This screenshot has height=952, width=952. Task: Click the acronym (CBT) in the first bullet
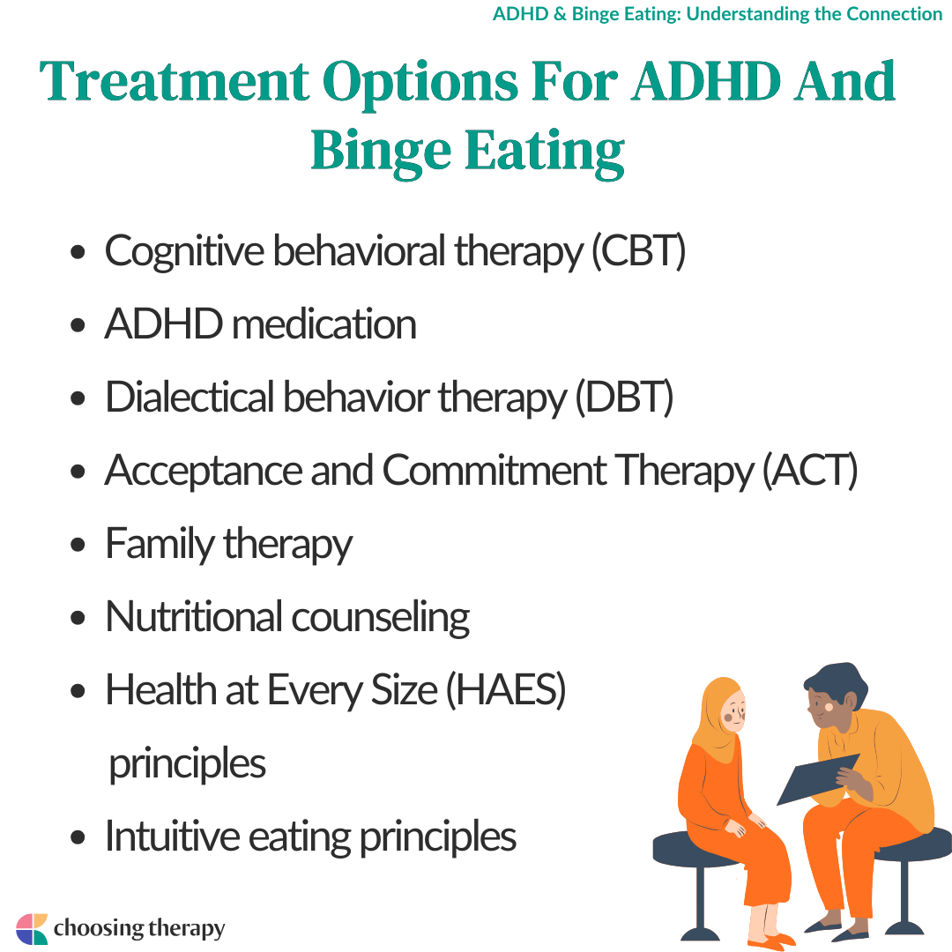click(x=639, y=250)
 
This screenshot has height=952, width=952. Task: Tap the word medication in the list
click(x=324, y=324)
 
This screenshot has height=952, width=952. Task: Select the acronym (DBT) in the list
click(x=624, y=397)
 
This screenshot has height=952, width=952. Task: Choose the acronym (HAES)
click(x=506, y=690)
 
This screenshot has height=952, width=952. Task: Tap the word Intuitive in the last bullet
click(x=173, y=836)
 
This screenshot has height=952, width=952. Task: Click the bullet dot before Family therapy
click(x=78, y=545)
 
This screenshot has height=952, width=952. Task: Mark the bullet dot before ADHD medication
click(x=78, y=324)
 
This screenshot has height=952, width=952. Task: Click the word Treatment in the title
click(x=175, y=81)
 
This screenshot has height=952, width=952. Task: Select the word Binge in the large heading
click(x=382, y=152)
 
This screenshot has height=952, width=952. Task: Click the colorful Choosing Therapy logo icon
click(x=32, y=929)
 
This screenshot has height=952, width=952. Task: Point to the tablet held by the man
click(x=818, y=779)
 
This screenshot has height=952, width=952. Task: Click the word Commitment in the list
click(x=495, y=470)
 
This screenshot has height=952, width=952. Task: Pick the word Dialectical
click(x=190, y=397)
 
